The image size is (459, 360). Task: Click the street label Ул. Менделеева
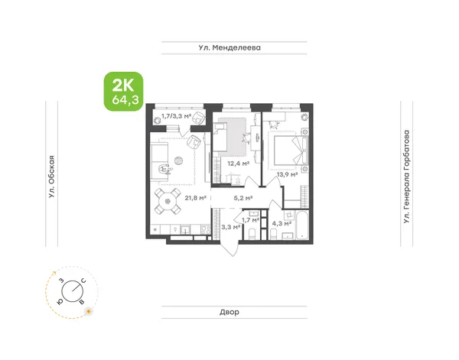pyautogui.click(x=229, y=47)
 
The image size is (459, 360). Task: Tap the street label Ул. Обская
pyautogui.click(x=52, y=177)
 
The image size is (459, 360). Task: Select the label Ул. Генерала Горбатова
pyautogui.click(x=406, y=177)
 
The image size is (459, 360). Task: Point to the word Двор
pyautogui.click(x=229, y=312)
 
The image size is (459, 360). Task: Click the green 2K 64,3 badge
pyautogui.click(x=123, y=91)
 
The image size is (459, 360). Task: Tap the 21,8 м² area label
pyautogui.click(x=196, y=198)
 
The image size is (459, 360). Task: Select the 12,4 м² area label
pyautogui.click(x=239, y=164)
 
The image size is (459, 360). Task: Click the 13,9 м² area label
pyautogui.click(x=288, y=175)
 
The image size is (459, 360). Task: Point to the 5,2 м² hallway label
pyautogui.click(x=243, y=198)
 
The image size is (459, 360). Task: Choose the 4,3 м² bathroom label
pyautogui.click(x=282, y=224)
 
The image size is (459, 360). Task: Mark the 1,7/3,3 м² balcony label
pyautogui.click(x=176, y=116)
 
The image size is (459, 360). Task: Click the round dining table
pyautogui.click(x=168, y=201)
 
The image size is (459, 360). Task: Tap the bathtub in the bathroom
pyautogui.click(x=302, y=225)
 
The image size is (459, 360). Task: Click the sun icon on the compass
pyautogui.click(x=88, y=311)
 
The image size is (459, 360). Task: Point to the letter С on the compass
pyautogui.click(x=83, y=281)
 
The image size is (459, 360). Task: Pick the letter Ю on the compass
pyautogui.click(x=60, y=302)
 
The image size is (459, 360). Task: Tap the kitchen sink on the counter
pyautogui.click(x=185, y=229)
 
